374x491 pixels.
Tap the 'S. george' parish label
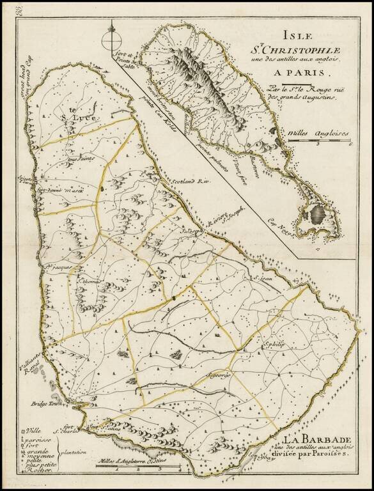coord(217,373)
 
